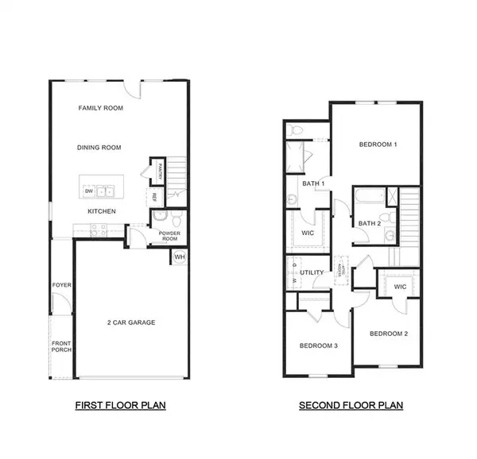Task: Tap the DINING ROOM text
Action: [99, 147]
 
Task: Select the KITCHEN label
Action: [102, 211]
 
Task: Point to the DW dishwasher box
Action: [88, 191]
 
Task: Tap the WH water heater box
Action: [179, 257]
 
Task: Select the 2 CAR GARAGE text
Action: [131, 322]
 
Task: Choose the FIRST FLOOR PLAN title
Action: [120, 405]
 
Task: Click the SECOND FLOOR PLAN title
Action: [351, 405]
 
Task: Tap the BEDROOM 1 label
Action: [378, 145]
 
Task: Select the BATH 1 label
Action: [313, 184]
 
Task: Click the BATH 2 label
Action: [370, 223]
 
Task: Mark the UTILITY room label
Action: [312, 272]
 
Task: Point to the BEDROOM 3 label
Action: [318, 345]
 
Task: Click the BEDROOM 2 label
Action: [389, 334]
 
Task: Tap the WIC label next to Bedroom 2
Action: [399, 286]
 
